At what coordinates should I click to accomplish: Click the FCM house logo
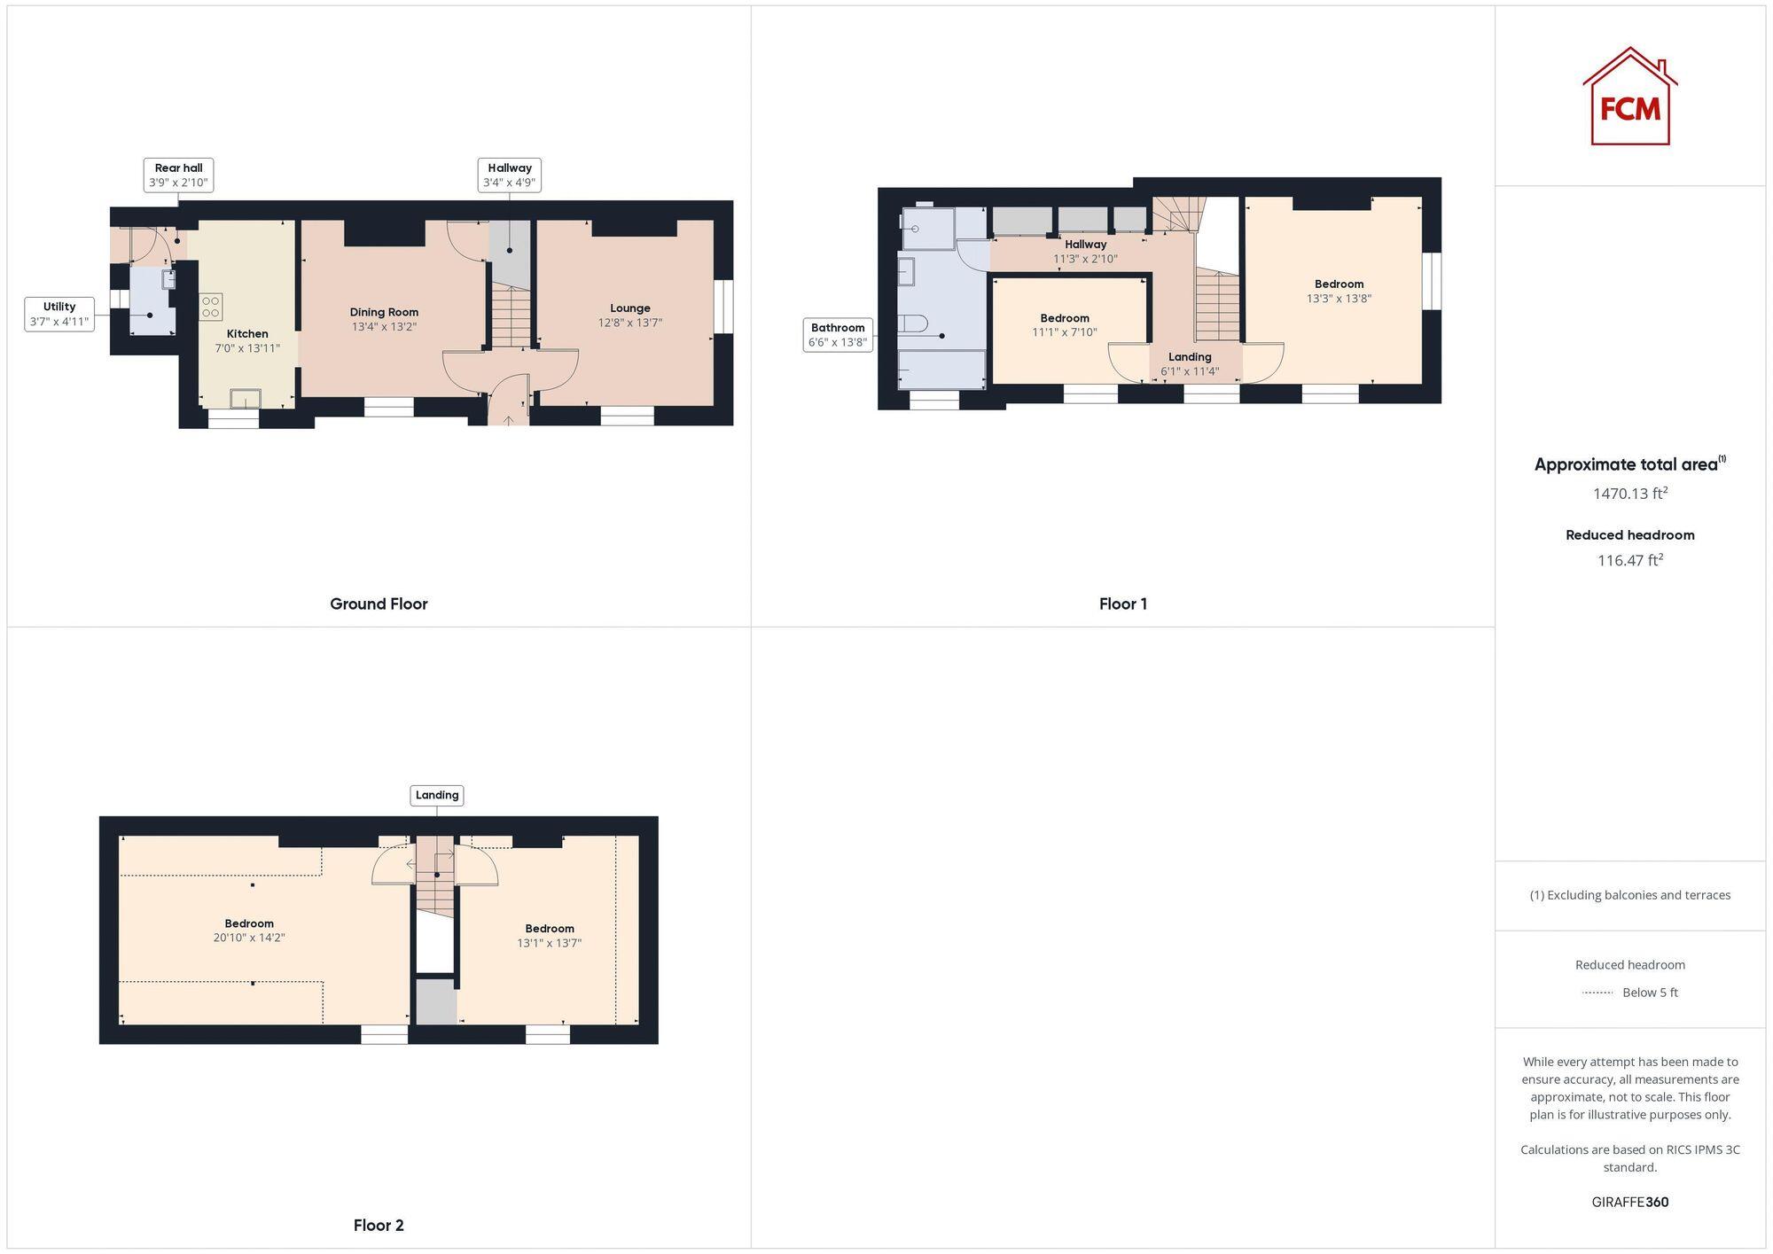point(1629,97)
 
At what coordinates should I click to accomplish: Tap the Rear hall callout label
point(178,175)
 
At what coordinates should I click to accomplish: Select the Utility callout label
point(59,314)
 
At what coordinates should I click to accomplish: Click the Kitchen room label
point(247,340)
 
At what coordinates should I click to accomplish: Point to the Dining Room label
point(384,319)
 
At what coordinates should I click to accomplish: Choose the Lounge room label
point(630,315)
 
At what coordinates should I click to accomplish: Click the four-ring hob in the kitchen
point(211,307)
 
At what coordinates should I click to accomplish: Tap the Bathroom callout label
point(838,335)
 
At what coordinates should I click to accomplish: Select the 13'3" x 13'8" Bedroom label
point(1339,292)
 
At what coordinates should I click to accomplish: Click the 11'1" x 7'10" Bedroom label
point(1065,325)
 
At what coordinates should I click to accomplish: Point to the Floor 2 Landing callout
point(437,795)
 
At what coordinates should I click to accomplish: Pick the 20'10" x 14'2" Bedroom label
point(249,930)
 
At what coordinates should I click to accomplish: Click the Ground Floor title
point(379,604)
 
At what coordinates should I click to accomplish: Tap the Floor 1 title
point(1122,604)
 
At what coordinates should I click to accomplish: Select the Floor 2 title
point(379,1225)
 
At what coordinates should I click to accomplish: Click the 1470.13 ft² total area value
point(1629,494)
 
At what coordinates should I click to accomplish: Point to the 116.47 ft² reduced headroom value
point(1629,560)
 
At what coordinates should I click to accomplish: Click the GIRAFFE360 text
point(1629,1202)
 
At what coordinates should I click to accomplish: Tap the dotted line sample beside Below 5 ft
point(1597,993)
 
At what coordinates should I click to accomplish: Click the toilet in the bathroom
point(913,323)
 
